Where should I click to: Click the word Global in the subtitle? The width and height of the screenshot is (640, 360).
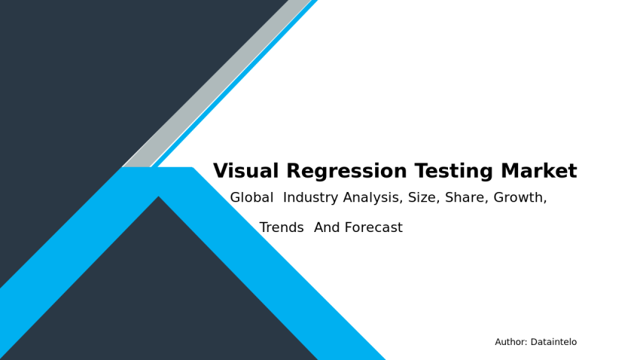251,198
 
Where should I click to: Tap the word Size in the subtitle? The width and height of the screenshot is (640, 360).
424,198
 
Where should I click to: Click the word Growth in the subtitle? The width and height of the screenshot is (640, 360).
519,198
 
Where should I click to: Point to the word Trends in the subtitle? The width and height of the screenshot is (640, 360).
282,227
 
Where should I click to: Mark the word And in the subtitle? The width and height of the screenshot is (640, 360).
328,227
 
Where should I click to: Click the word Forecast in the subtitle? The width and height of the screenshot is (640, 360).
374,227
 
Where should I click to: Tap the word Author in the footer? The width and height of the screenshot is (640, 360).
510,342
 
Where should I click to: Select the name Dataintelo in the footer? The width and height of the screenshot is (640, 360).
553,342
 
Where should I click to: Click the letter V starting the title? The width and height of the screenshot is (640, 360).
220,172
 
